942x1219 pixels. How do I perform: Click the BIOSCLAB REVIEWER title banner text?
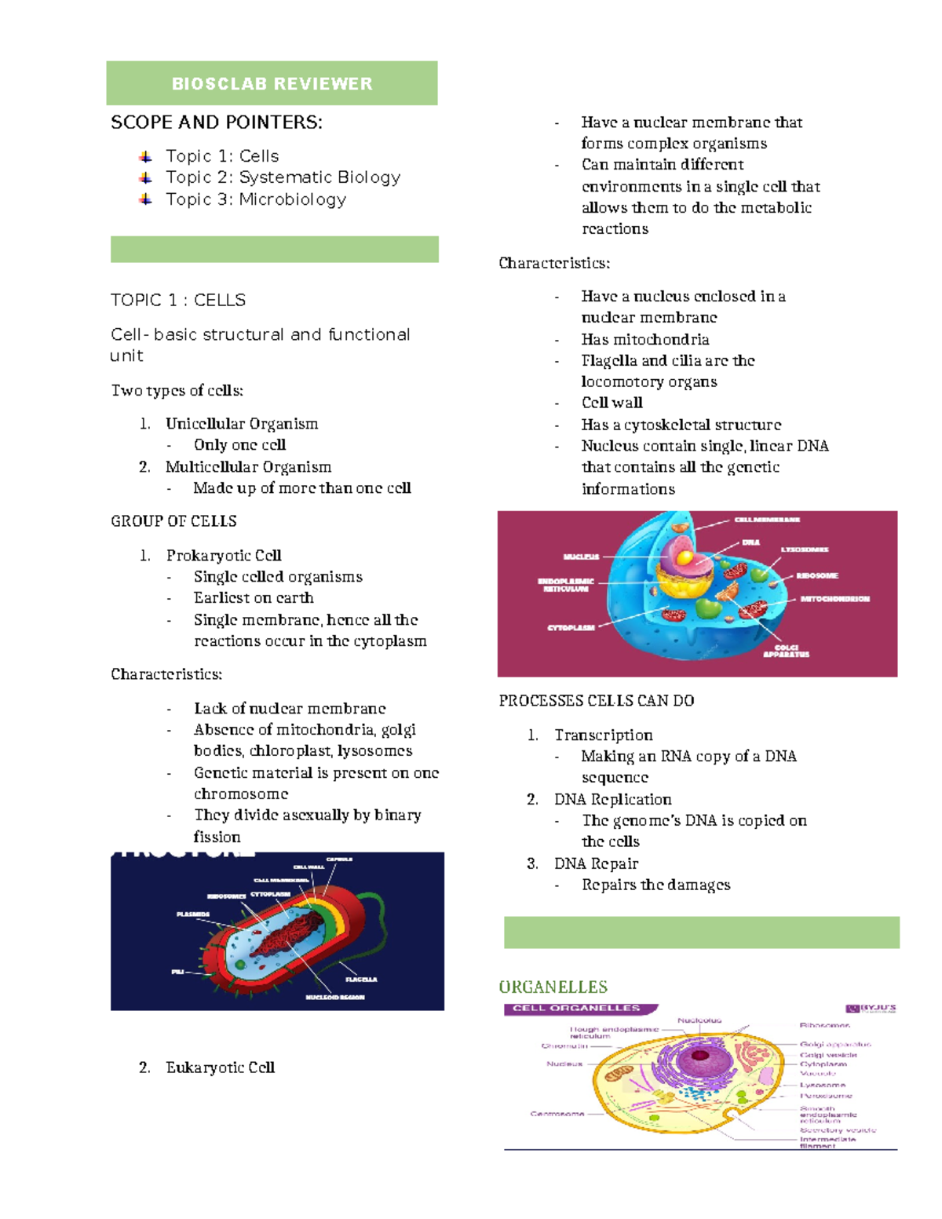click(272, 84)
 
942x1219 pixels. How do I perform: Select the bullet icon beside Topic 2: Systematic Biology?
click(145, 178)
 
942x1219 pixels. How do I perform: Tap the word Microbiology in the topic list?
click(292, 199)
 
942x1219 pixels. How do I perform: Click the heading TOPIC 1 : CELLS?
click(178, 300)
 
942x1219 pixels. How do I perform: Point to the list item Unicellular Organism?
click(242, 424)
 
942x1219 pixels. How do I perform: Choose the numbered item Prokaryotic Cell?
click(224, 556)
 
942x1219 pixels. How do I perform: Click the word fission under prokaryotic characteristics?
click(217, 837)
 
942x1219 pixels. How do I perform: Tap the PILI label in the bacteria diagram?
click(177, 972)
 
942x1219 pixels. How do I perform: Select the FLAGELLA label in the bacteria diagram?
click(361, 979)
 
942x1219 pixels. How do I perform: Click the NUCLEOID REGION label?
click(335, 997)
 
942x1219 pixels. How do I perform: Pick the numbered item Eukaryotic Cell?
click(220, 1068)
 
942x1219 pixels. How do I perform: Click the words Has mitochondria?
click(645, 339)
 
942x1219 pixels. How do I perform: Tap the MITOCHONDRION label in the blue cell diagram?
click(834, 599)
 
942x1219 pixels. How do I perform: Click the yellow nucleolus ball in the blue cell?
click(685, 558)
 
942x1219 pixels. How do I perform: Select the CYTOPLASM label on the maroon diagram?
click(571, 628)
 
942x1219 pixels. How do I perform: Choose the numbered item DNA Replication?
click(612, 799)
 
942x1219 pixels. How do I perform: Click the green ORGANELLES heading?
click(553, 987)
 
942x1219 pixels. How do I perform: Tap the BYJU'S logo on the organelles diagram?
click(871, 1009)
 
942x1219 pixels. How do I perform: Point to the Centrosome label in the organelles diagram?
click(557, 1114)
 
